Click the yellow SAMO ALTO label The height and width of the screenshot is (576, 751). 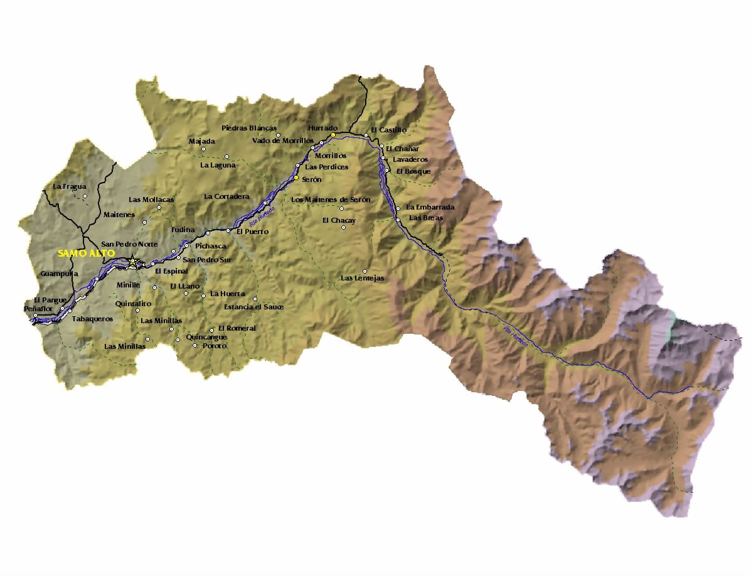pos(86,253)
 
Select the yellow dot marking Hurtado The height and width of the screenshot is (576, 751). pos(334,135)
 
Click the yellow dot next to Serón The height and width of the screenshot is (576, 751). pos(296,178)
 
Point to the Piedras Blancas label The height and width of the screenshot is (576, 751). pos(249,128)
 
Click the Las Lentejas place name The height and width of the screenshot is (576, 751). pos(362,278)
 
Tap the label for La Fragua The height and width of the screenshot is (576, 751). pos(70,186)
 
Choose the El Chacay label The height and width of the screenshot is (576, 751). pos(339,220)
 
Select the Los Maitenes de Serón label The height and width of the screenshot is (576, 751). pos(331,200)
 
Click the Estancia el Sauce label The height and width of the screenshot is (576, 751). pos(253,307)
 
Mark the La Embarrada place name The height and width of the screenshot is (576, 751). pos(430,207)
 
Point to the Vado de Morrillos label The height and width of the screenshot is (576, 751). pos(282,141)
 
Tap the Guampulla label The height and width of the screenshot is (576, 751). pos(59,274)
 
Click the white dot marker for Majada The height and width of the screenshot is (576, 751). pos(204,149)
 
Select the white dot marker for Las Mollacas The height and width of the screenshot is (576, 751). pos(159,208)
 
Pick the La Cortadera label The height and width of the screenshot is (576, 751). pos(226,196)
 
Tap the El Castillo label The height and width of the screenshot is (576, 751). pos(389,130)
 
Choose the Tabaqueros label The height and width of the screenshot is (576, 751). pos(92,319)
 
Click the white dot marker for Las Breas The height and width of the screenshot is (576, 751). pos(398,220)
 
